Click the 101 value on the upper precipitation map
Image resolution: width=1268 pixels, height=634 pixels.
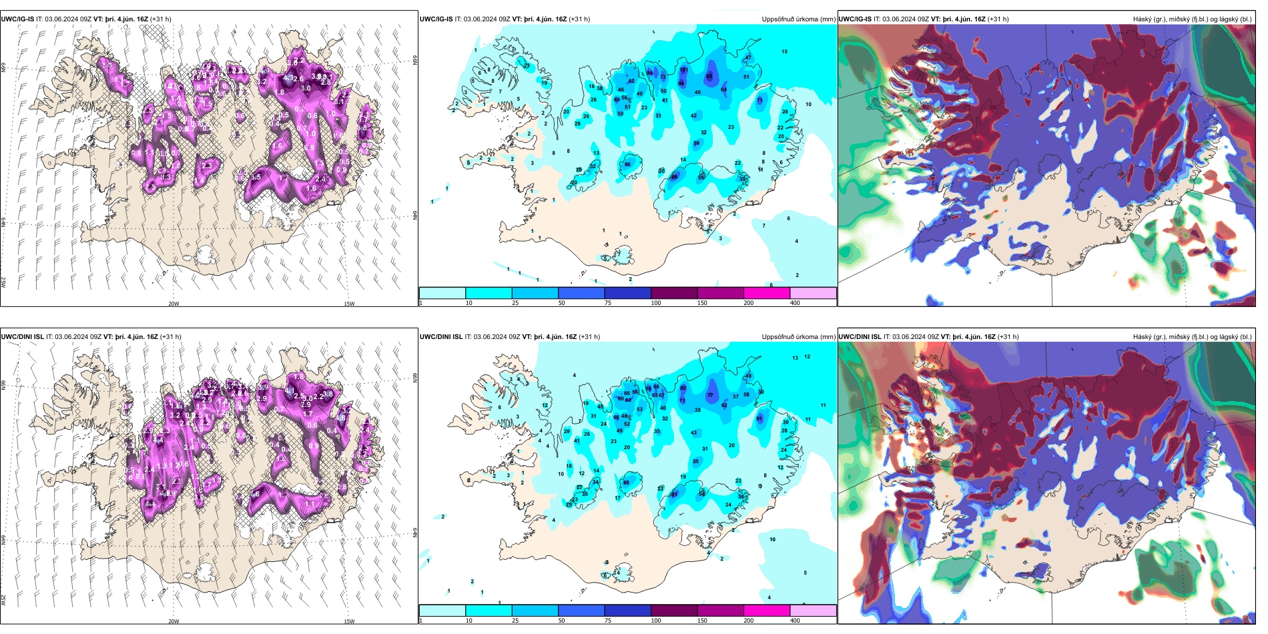click(683, 70)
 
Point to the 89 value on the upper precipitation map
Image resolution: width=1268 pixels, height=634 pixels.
click(709, 76)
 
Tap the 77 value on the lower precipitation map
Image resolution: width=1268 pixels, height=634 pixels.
click(710, 395)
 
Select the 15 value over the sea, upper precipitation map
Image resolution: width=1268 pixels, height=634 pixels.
click(785, 51)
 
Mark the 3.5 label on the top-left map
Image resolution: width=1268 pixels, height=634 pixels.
click(256, 178)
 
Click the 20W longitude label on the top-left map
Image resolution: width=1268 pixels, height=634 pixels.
click(174, 304)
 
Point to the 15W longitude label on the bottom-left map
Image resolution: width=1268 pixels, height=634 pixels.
click(349, 621)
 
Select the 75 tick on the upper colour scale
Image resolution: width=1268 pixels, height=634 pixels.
click(608, 303)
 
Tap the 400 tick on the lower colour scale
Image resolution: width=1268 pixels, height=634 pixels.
click(795, 621)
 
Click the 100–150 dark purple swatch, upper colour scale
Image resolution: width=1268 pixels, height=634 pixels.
click(674, 293)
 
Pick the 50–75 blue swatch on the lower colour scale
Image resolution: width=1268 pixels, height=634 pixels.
click(581, 611)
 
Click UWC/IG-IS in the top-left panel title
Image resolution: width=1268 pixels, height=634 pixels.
click(17, 19)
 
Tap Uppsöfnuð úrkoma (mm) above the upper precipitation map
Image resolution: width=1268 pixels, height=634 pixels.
click(798, 19)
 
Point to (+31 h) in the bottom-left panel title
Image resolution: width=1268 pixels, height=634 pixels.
click(168, 337)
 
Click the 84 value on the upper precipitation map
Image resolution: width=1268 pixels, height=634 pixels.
click(650, 73)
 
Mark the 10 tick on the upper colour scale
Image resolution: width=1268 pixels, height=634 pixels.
click(469, 303)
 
